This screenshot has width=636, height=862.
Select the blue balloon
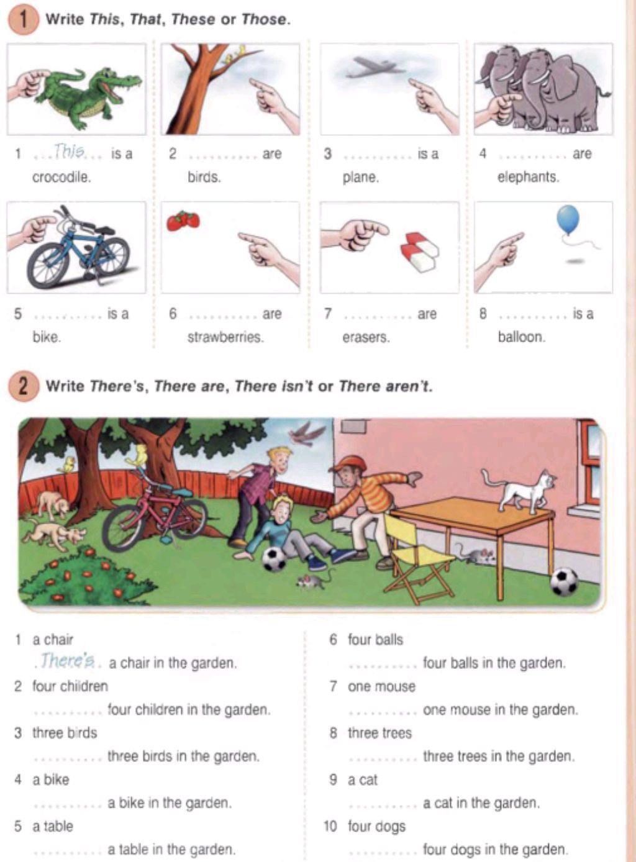568,220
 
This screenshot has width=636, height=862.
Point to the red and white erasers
420,252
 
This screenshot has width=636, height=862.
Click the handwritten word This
69,151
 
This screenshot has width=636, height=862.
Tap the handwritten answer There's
68,660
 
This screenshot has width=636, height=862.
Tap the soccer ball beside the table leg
565,581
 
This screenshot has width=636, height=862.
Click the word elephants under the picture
528,177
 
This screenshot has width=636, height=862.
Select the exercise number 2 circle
24,387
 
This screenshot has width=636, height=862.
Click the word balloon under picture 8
522,337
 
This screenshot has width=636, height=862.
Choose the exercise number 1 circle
24,20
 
